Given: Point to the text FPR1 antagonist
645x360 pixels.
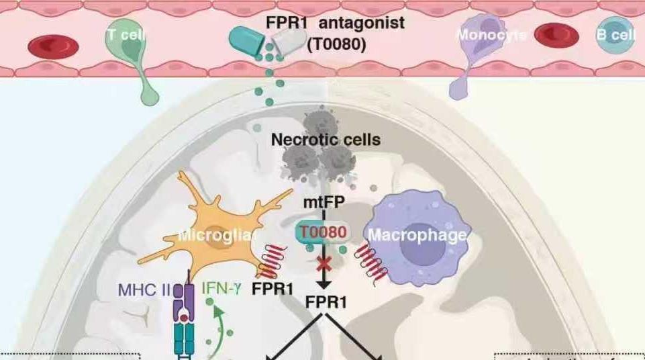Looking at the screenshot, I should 335,23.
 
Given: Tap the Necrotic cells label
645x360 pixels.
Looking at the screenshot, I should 326,140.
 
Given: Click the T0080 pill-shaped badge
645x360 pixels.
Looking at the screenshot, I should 323,232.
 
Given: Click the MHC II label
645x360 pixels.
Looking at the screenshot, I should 144,291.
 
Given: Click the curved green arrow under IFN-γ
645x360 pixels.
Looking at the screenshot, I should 216,329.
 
